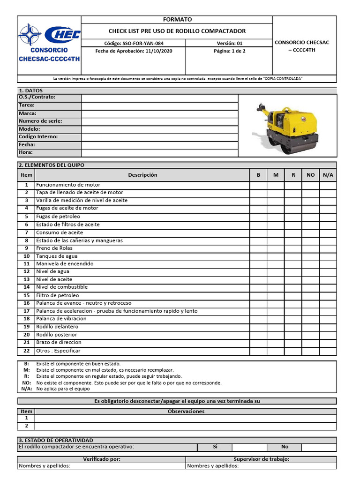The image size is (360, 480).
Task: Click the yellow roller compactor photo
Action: pos(287,126)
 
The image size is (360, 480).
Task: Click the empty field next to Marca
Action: pos(160,113)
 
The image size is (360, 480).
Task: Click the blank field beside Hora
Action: pos(160,153)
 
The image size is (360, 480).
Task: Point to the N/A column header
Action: pos(328,175)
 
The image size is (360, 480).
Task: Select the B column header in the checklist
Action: pos(258,175)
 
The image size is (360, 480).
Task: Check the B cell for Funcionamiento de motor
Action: pos(258,185)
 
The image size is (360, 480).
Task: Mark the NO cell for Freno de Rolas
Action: pos(310,248)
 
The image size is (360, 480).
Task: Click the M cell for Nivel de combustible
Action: pos(276,287)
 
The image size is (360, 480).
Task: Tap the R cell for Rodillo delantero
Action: pos(293,327)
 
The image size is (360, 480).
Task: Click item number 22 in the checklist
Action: pos(26,351)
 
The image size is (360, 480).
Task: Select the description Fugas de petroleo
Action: pos(58,217)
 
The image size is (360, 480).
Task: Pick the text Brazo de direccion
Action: pos(59,343)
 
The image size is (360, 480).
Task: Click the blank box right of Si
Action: pos(249,447)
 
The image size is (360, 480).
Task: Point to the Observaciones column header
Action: pos(186,411)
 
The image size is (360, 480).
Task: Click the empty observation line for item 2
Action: pos(186,426)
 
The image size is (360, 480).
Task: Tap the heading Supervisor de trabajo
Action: pos(261,459)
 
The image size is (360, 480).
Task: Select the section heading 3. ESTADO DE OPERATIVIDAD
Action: pos(56,440)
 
